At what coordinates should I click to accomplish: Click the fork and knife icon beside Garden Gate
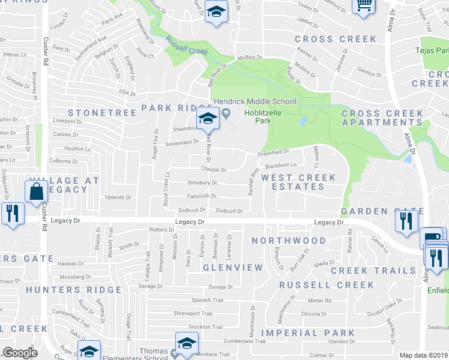(406, 221)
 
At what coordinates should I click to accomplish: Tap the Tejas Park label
(432, 50)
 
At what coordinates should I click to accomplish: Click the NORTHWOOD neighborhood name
(289, 241)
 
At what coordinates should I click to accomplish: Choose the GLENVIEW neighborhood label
(232, 267)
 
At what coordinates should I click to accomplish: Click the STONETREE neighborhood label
(99, 113)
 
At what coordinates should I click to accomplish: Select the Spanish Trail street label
(207, 300)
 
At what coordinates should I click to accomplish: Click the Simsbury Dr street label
(202, 183)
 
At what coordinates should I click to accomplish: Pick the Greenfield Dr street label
(274, 153)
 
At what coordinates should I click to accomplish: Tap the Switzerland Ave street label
(91, 46)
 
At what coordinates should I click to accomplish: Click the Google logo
(20, 353)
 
